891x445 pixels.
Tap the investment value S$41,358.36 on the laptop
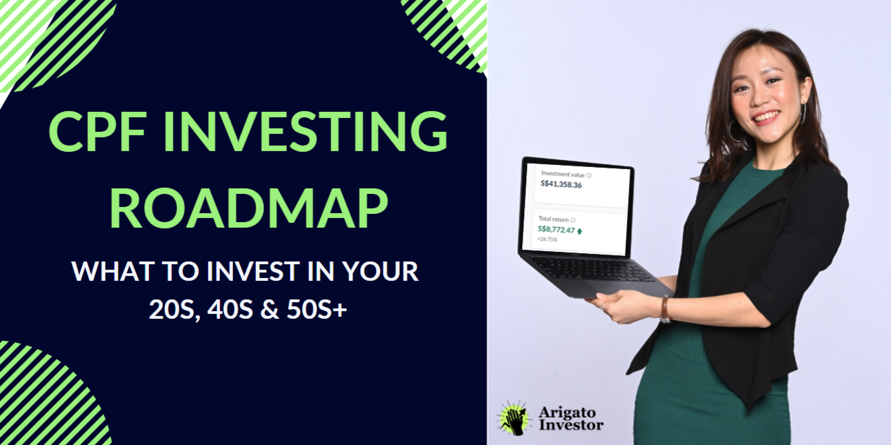point(561,184)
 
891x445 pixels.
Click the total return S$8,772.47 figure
point(556,229)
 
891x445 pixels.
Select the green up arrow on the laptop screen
point(579,230)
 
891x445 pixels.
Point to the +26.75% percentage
point(548,239)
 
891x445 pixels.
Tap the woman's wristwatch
point(665,310)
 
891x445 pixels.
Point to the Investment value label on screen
point(563,175)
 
